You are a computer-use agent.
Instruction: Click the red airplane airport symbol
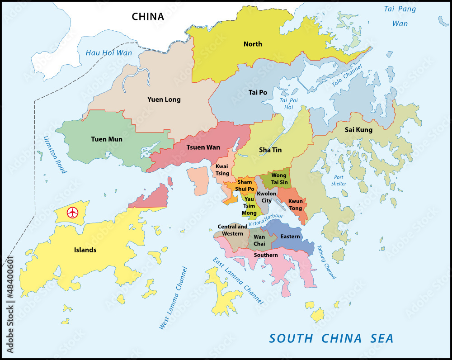pyautogui.click(x=72, y=212)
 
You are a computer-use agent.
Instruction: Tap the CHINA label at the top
pyautogui.click(x=148, y=17)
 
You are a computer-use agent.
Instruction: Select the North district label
pyautogui.click(x=253, y=44)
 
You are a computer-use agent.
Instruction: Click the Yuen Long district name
pyautogui.click(x=164, y=99)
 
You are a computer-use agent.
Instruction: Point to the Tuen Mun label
pyautogui.click(x=107, y=139)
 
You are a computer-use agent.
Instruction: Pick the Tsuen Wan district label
pyautogui.click(x=203, y=147)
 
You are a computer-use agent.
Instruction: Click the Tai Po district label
pyautogui.click(x=258, y=92)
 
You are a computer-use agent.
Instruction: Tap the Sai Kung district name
pyautogui.click(x=358, y=130)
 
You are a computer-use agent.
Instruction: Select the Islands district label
pyautogui.click(x=85, y=250)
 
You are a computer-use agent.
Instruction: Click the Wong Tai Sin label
pyautogui.click(x=278, y=179)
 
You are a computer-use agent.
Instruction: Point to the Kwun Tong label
pyautogui.click(x=296, y=204)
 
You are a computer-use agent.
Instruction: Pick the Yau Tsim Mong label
pyautogui.click(x=249, y=206)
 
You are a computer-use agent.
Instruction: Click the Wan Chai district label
pyautogui.click(x=259, y=240)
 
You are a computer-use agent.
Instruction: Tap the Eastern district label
pyautogui.click(x=290, y=237)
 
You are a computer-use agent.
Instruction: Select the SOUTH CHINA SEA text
pyautogui.click(x=331, y=338)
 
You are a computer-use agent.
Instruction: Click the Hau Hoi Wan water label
pyautogui.click(x=109, y=53)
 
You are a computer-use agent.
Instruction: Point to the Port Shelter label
pyautogui.click(x=339, y=180)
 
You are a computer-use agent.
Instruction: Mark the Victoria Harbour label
pyautogui.click(x=266, y=220)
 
